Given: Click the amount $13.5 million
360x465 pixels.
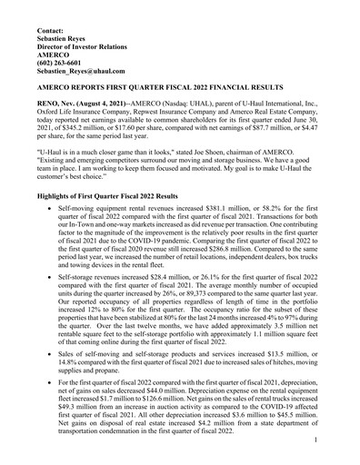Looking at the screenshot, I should (286, 379).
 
